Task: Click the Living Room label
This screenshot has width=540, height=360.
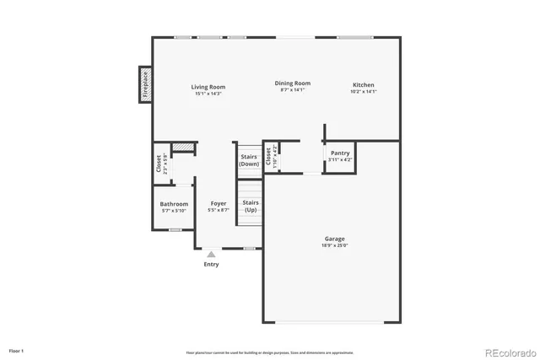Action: [208, 87]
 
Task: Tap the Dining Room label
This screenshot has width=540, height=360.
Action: [294, 83]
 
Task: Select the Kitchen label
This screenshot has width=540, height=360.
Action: [364, 85]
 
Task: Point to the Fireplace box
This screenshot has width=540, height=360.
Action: [145, 85]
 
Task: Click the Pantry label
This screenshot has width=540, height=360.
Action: [340, 153]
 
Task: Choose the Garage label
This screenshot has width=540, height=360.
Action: [334, 239]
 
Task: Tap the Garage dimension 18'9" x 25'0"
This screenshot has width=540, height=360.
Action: [334, 245]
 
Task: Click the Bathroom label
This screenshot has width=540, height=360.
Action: [175, 204]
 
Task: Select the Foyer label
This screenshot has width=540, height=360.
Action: [219, 203]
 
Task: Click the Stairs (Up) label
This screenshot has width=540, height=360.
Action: [251, 206]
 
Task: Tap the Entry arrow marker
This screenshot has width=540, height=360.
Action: [211, 253]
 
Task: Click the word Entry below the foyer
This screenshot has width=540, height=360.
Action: [211, 264]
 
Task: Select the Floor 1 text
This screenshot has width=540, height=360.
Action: [17, 349]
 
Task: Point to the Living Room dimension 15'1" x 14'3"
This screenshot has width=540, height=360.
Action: [208, 94]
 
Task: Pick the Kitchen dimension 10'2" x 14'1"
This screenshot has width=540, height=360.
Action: [364, 91]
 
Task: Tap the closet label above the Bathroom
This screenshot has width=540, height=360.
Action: [159, 164]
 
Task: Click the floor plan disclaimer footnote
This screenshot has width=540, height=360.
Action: [270, 352]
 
